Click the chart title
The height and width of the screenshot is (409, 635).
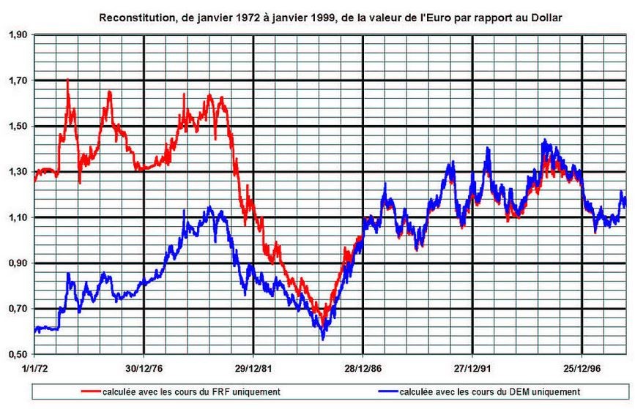330,18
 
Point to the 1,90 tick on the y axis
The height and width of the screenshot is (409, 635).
18,35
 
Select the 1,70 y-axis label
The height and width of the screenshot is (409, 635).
18,81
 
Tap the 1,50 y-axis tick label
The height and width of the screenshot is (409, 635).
18,127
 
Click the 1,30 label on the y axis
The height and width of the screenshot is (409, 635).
18,173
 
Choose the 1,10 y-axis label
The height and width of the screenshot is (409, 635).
18,217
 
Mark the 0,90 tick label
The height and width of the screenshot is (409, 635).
18,263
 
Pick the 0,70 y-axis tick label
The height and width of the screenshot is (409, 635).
18,309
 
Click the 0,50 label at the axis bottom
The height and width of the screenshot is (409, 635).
18,355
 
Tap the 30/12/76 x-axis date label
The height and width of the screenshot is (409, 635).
144,369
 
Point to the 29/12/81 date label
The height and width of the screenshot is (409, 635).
253,369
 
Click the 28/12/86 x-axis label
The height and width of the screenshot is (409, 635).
363,369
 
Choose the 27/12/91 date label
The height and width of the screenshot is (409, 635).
472,369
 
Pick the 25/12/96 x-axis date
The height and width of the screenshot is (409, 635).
582,369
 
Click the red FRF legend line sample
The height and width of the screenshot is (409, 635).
91,391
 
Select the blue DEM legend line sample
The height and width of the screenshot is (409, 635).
388,391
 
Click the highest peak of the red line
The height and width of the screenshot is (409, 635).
67,79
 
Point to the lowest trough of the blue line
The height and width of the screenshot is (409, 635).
323,339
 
